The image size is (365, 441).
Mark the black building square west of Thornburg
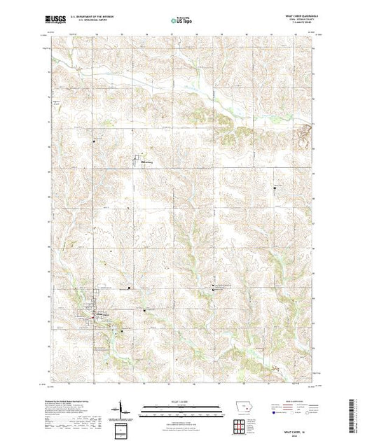click(95, 142)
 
